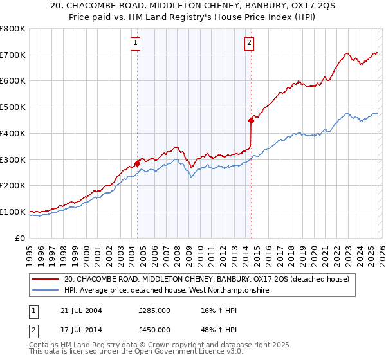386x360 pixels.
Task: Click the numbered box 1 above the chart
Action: click(x=136, y=43)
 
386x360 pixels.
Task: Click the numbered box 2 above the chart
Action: click(x=249, y=43)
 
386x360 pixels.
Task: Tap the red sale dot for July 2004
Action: click(x=138, y=163)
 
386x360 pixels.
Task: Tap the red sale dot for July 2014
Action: click(x=251, y=120)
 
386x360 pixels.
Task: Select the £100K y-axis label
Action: click(x=13, y=212)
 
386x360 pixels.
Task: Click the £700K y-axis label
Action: click(x=13, y=55)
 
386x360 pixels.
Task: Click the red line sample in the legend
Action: click(x=46, y=279)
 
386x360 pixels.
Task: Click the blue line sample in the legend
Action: click(x=46, y=291)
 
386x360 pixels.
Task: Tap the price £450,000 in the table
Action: click(x=154, y=330)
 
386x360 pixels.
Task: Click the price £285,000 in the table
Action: click(x=154, y=310)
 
